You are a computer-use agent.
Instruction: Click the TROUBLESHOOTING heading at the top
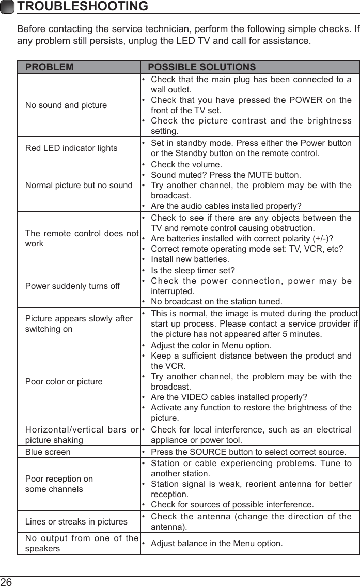pos(82,7)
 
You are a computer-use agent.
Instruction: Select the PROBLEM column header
pos(50,67)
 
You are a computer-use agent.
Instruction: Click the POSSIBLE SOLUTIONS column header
pos(201,67)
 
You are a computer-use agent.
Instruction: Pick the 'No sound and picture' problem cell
pos(66,105)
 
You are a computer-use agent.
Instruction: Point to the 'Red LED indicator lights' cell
pos(71,148)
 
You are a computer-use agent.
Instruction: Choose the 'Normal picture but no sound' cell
pos(79,185)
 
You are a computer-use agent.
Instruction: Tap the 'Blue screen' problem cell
pos(48,452)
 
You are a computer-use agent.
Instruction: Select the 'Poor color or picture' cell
pos(64,381)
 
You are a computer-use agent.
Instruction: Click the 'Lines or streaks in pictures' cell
pos(76,521)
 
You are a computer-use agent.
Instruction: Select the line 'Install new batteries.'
pos(190,258)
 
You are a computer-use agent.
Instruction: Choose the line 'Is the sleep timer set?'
pos(193,270)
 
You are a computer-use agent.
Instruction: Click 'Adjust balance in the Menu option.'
pos(216,543)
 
